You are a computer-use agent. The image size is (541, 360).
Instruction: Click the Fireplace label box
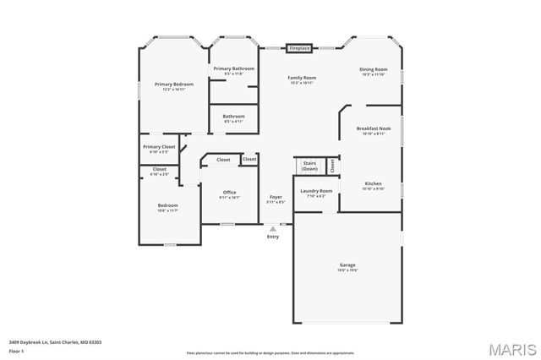[x=299, y=49]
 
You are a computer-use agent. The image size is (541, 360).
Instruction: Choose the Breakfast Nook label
[x=373, y=130]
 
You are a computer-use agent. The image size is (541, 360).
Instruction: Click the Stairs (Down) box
[x=309, y=166]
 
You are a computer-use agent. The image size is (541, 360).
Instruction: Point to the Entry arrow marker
[x=272, y=228]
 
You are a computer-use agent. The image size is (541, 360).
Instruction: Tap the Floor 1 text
[x=16, y=351]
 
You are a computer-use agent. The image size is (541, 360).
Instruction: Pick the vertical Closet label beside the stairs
[x=332, y=166]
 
